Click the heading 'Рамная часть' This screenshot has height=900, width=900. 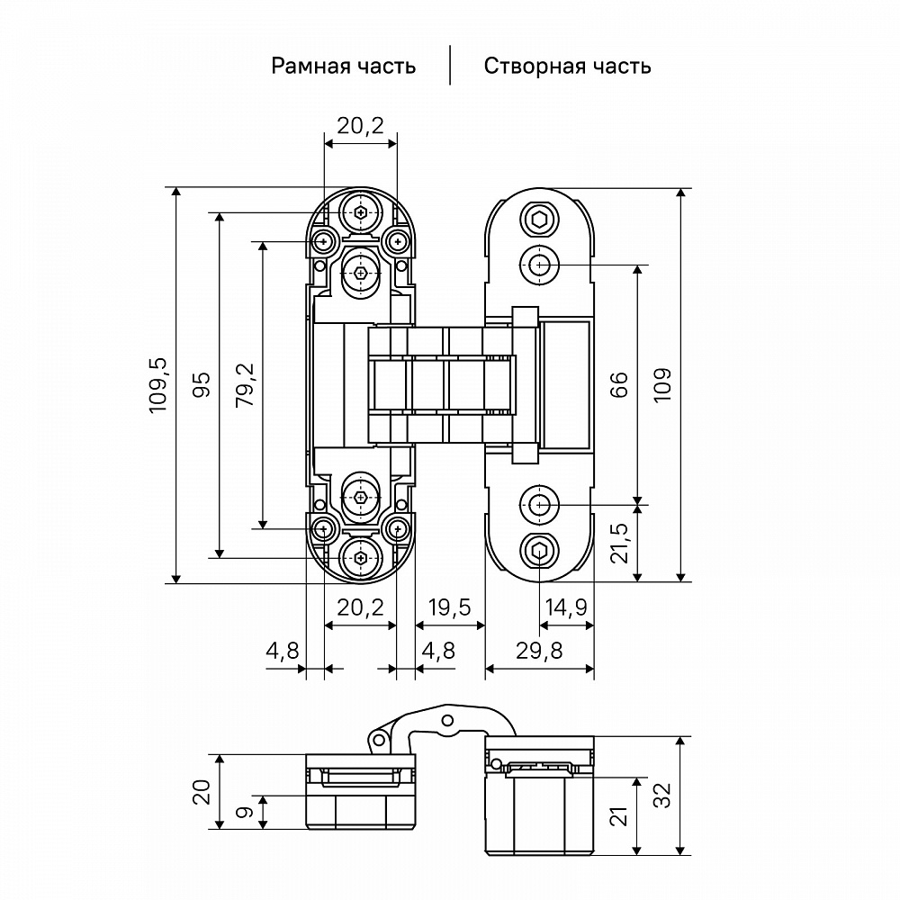click(343, 66)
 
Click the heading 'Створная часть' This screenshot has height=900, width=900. click(567, 66)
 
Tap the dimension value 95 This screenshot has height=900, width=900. click(202, 384)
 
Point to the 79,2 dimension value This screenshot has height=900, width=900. click(245, 384)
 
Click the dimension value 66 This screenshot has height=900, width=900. click(619, 384)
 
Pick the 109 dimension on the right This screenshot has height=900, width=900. click(662, 384)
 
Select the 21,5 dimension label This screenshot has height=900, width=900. click(619, 543)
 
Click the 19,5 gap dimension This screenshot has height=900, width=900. click(450, 607)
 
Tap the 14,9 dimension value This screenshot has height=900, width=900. click(566, 607)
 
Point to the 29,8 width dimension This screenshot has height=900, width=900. click(539, 651)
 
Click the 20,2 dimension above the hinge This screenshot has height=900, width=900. click(360, 125)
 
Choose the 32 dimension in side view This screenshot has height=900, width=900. click(662, 796)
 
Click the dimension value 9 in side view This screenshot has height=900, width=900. click(245, 812)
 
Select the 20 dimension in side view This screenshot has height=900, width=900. click(202, 791)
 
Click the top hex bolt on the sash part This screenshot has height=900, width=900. click(539, 219)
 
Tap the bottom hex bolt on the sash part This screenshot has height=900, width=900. click(539, 551)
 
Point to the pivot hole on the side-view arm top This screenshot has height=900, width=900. click(447, 720)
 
